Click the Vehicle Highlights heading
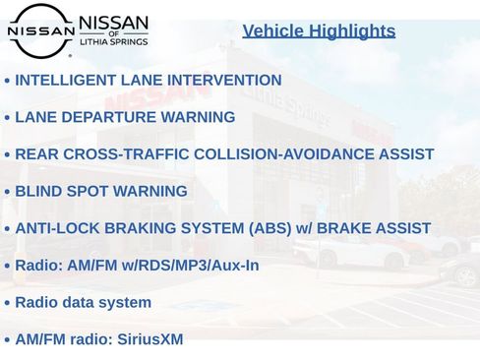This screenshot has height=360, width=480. pyautogui.click(x=319, y=31)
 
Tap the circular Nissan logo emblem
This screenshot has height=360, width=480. pyautogui.click(x=40, y=30)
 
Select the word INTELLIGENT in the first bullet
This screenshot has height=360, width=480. pyautogui.click(x=61, y=80)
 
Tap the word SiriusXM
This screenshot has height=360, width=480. pyautogui.click(x=150, y=339)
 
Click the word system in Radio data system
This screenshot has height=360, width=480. pyautogui.click(x=125, y=302)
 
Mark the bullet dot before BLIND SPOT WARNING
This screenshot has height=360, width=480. pyautogui.click(x=7, y=192)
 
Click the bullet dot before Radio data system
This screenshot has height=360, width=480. pyautogui.click(x=7, y=303)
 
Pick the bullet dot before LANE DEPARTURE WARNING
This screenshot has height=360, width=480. pyautogui.click(x=7, y=118)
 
